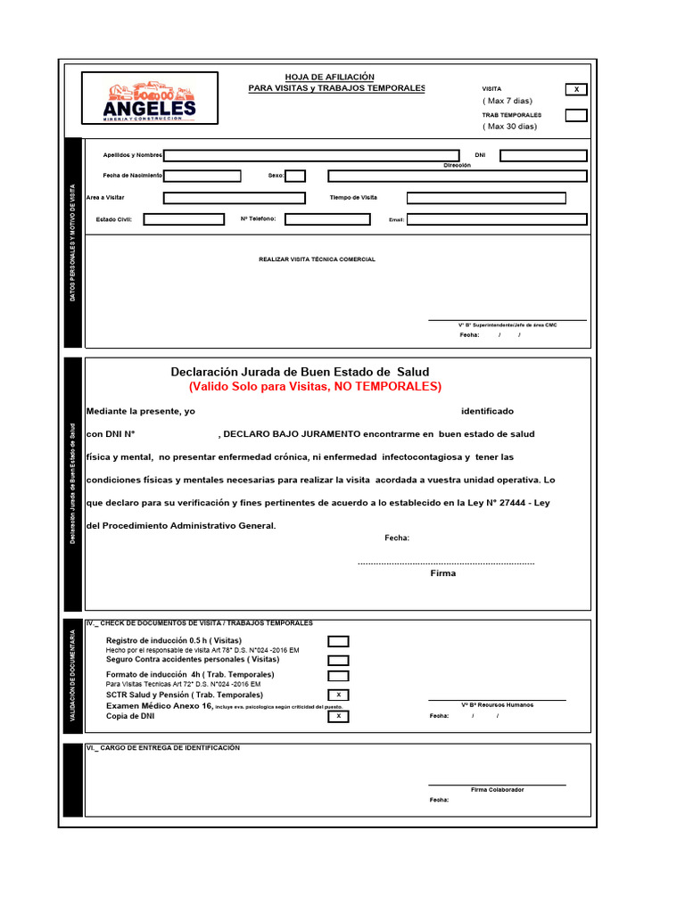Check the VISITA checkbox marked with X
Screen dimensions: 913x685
point(576,89)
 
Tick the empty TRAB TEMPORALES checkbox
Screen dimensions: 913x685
point(576,115)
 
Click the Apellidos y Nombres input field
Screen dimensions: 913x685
point(311,155)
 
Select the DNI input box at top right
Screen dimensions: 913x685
point(543,155)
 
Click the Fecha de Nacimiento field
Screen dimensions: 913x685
point(202,176)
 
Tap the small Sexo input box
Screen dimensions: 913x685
point(295,176)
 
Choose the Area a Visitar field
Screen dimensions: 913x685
point(234,198)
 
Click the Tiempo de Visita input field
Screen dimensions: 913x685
point(486,198)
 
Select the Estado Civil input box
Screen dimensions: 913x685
point(184,219)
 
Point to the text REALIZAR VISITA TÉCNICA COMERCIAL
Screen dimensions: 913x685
point(317,259)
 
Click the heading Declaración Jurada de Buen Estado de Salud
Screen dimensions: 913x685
point(300,371)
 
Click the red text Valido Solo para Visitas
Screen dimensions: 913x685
point(315,387)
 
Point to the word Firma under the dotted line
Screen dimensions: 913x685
point(442,573)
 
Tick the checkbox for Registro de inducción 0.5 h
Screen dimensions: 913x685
point(338,641)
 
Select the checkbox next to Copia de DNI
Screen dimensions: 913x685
point(338,716)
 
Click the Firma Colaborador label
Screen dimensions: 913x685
point(497,790)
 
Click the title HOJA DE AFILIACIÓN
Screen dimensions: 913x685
point(329,77)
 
